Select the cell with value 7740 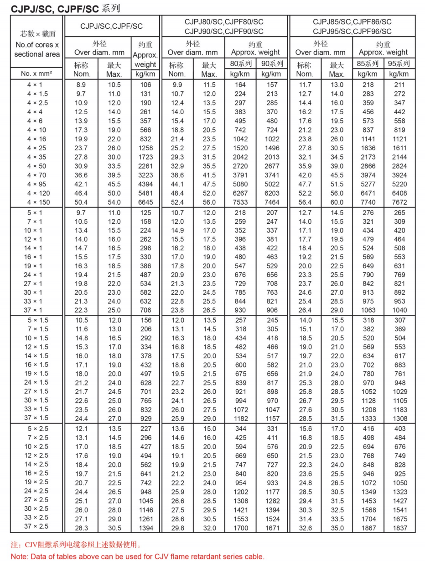click(368, 202)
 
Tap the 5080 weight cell click(240, 184)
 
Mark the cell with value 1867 click(368, 528)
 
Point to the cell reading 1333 click(368, 418)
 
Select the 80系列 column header click(240, 64)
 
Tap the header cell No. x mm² click(37, 74)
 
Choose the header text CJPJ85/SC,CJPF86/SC click(352, 22)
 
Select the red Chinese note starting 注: click(76, 545)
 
